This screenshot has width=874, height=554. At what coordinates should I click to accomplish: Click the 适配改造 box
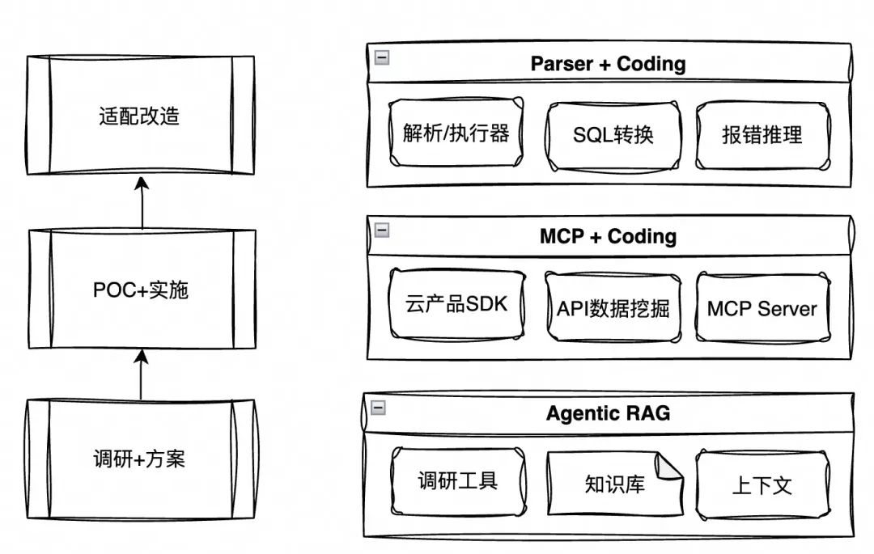pyautogui.click(x=139, y=116)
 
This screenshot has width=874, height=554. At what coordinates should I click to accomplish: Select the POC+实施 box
pyautogui.click(x=141, y=290)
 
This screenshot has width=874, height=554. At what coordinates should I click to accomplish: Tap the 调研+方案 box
pyautogui.click(x=139, y=459)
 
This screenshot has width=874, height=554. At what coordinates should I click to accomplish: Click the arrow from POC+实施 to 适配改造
pyautogui.click(x=142, y=203)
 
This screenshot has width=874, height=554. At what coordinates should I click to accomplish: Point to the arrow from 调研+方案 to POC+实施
pyautogui.click(x=142, y=374)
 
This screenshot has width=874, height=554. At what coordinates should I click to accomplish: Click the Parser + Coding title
pyautogui.click(x=608, y=64)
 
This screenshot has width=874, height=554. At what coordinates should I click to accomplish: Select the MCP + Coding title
pyautogui.click(x=608, y=236)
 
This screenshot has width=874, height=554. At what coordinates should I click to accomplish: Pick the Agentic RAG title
pyautogui.click(x=608, y=413)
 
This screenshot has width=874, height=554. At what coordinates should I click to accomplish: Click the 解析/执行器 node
pyautogui.click(x=456, y=133)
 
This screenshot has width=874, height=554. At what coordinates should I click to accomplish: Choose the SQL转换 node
pyautogui.click(x=613, y=134)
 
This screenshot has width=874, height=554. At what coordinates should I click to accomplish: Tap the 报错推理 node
pyautogui.click(x=762, y=134)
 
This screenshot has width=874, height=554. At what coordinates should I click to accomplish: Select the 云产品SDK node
pyautogui.click(x=456, y=305)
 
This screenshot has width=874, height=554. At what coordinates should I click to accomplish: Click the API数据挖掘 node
pyautogui.click(x=613, y=307)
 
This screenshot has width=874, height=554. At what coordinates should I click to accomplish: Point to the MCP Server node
pyautogui.click(x=762, y=308)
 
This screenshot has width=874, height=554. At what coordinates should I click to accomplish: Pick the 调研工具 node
pyautogui.click(x=457, y=481)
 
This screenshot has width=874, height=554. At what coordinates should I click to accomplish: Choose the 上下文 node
pyautogui.click(x=762, y=485)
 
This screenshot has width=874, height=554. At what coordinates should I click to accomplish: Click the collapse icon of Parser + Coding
pyautogui.click(x=381, y=57)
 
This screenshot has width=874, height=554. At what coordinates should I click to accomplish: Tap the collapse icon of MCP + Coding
pyautogui.click(x=381, y=230)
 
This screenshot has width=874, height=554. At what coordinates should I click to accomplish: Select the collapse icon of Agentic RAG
pyautogui.click(x=377, y=408)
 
